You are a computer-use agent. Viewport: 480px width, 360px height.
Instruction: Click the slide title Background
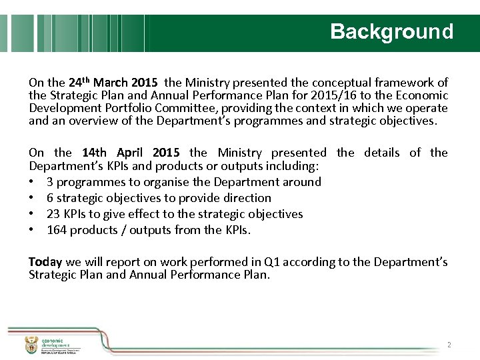click(x=391, y=31)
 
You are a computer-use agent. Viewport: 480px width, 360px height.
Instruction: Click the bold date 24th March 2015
click(x=113, y=83)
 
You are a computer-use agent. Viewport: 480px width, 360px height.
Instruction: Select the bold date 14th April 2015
click(x=131, y=153)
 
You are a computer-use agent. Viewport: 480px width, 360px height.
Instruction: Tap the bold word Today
click(x=45, y=262)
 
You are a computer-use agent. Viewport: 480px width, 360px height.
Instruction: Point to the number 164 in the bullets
click(x=57, y=231)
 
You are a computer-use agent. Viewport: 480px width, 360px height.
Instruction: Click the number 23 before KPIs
click(x=53, y=214)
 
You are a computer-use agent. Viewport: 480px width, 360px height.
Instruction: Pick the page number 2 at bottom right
click(x=449, y=345)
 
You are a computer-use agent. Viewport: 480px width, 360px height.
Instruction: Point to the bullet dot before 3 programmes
click(x=32, y=182)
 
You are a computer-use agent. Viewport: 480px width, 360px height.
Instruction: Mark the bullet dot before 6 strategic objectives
click(x=32, y=198)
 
